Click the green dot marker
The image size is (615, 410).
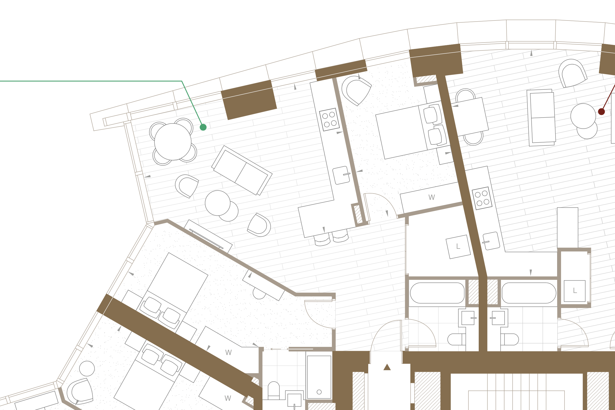pos(203,127)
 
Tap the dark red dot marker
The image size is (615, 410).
pos(601,112)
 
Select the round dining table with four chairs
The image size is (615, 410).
pos(173,142)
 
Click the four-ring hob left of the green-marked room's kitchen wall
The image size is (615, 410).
pos(329,119)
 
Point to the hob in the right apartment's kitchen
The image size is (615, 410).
pos(482,198)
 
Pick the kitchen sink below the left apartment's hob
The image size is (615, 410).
pos(341,175)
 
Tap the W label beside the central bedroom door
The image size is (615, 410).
pos(432,198)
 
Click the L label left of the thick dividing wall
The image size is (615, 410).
pos(458,246)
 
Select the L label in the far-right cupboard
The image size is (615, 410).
pos(575,291)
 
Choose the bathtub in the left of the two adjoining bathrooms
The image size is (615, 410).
pos(437,293)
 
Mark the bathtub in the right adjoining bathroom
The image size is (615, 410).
pos(529,293)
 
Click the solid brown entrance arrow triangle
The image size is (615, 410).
pos(387,367)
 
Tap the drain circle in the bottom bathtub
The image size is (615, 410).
pos(319,392)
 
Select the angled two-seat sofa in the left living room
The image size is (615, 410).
pos(242,170)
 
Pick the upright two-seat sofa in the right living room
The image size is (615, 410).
pos(542,118)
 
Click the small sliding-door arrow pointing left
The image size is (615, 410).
pos(276,349)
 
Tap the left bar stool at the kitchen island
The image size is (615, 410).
pos(322,239)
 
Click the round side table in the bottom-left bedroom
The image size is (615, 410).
pos(87,368)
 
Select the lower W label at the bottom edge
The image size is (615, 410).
pos(228,398)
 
